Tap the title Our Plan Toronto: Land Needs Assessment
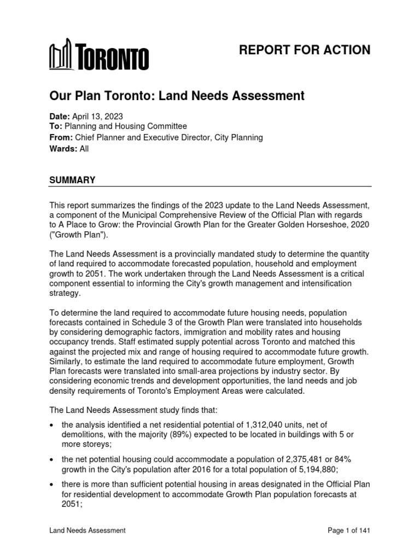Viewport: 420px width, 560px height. pos(177,96)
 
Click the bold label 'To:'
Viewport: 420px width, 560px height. pos(56,127)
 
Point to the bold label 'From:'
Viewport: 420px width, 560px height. pos(61,138)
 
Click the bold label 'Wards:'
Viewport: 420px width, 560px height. pos(62,149)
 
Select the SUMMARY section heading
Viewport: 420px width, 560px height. pos(72,180)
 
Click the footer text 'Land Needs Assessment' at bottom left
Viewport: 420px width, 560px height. pos(87,530)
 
